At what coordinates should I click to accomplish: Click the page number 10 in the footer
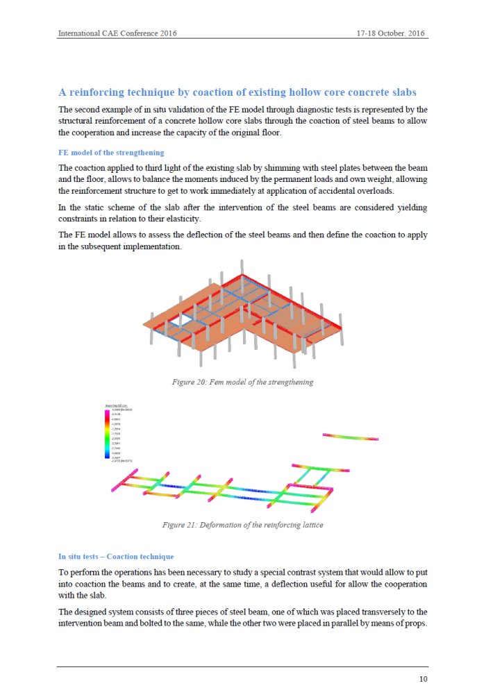click(x=423, y=678)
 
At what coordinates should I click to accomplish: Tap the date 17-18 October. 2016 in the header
click(x=390, y=33)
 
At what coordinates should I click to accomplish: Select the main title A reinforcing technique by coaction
click(x=237, y=92)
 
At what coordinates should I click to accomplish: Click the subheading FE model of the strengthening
click(x=111, y=153)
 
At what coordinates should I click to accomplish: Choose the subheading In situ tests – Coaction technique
click(x=116, y=557)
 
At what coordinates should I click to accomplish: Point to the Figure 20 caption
click(x=242, y=382)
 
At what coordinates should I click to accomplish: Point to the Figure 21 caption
click(x=242, y=525)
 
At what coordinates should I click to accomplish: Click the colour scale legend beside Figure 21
click(x=117, y=433)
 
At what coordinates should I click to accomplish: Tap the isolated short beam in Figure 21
click(x=351, y=437)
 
